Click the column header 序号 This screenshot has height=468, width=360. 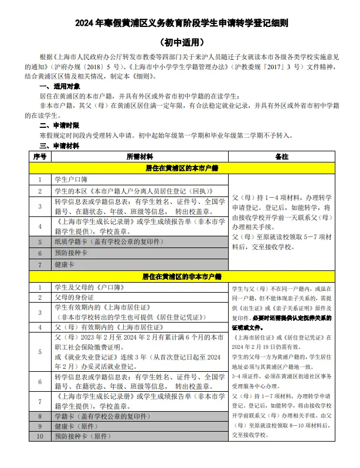click(x=40, y=157)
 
